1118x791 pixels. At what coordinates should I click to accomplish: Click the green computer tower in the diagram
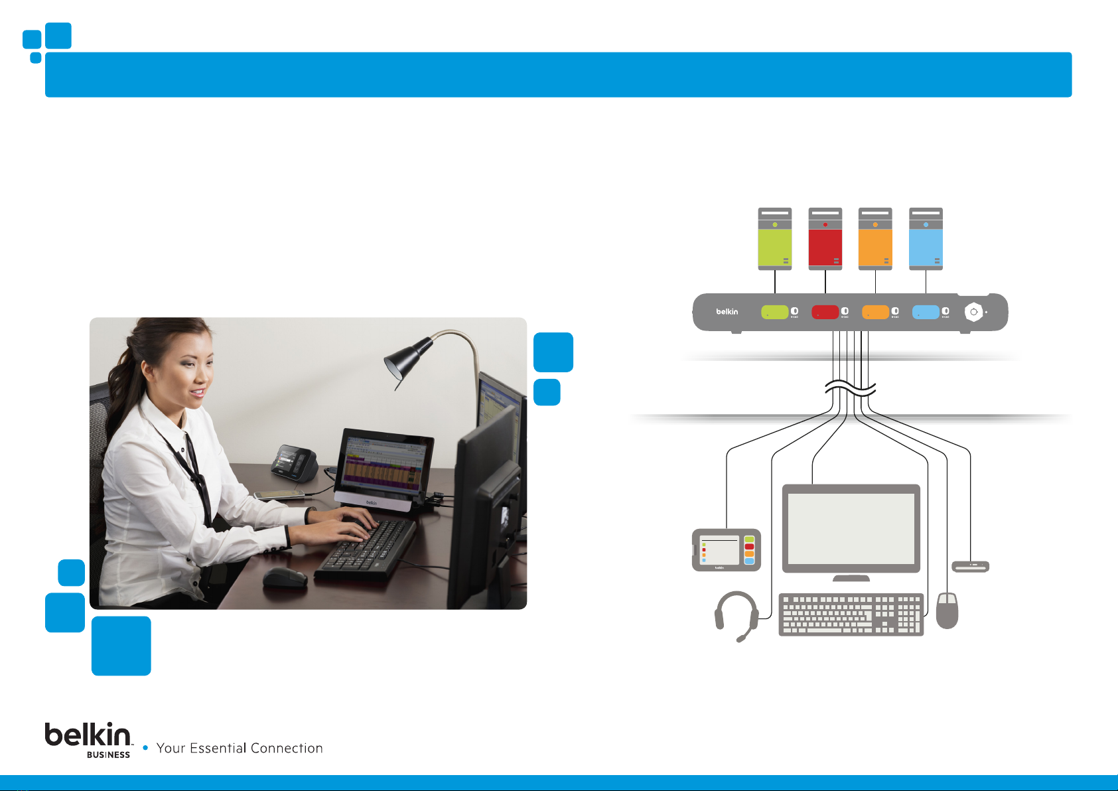[775, 239]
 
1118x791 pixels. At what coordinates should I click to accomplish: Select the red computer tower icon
[825, 239]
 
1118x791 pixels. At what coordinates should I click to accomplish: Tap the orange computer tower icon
[875, 239]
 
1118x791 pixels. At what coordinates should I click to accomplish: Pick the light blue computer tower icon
[926, 239]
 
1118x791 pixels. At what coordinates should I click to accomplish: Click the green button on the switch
[774, 312]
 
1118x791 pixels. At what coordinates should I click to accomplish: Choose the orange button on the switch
[875, 312]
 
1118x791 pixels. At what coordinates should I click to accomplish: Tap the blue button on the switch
[926, 312]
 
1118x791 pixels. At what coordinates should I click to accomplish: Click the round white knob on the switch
[973, 312]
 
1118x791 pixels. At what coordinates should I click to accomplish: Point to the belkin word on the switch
[727, 312]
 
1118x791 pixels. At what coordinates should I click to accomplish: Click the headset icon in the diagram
[736, 614]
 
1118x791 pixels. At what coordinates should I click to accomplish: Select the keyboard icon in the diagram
[851, 614]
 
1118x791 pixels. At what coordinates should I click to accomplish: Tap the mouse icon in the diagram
[947, 611]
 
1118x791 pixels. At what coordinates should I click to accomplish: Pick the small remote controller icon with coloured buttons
[726, 550]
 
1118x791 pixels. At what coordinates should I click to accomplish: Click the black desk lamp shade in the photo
[408, 358]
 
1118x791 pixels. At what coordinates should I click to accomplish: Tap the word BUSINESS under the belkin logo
[108, 755]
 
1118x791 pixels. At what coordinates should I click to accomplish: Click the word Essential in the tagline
[218, 749]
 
